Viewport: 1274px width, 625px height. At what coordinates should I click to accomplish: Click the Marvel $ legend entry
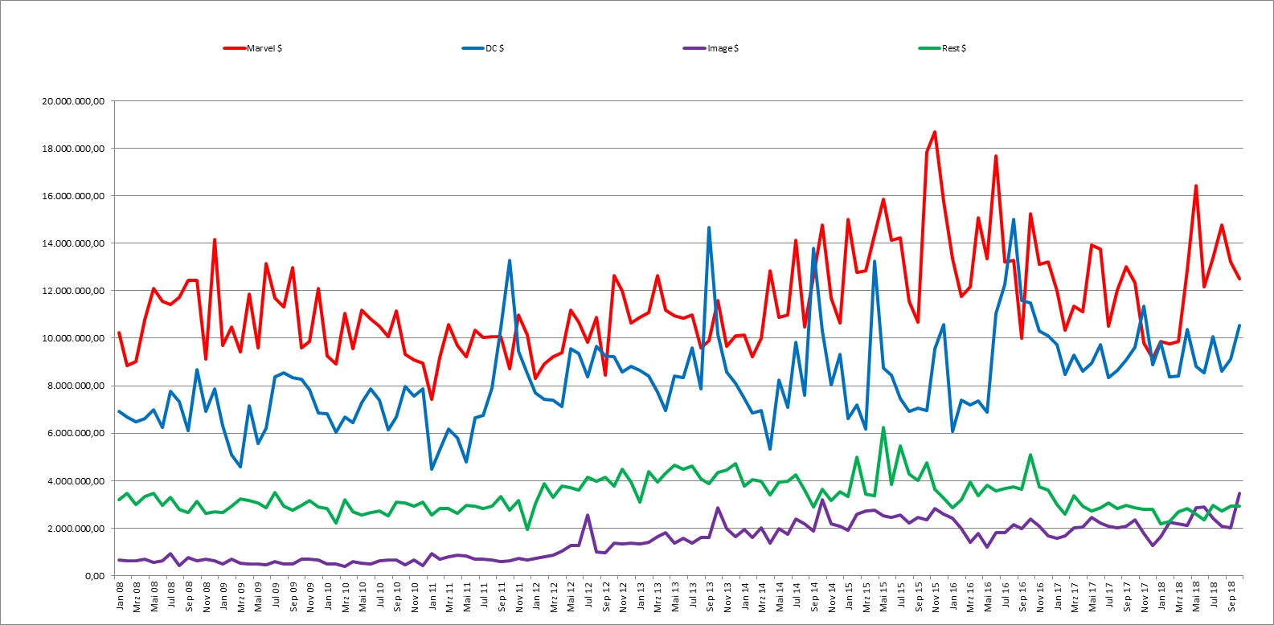252,48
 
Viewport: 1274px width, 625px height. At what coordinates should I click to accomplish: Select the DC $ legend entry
483,48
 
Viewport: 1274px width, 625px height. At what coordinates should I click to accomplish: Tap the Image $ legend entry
711,48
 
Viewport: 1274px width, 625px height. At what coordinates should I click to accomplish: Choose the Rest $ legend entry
942,48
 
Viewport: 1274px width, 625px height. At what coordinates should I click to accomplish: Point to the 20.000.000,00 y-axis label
73,101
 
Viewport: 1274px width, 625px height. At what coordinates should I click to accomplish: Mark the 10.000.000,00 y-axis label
73,338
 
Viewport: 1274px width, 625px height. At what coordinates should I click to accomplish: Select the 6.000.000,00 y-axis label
76,433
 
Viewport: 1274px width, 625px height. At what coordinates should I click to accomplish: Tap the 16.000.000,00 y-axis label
73,196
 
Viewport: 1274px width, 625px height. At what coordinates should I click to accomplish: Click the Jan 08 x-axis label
120,595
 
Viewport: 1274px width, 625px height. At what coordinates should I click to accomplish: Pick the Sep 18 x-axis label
1231,595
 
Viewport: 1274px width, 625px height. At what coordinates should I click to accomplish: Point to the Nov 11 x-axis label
518,596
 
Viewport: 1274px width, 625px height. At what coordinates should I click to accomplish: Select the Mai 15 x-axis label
883,596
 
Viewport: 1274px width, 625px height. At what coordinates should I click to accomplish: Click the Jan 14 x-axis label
744,595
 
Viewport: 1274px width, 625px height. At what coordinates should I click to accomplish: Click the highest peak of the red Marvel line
935,132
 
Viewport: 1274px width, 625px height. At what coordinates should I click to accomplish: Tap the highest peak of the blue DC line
1014,219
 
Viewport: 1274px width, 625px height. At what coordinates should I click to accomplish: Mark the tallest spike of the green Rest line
883,427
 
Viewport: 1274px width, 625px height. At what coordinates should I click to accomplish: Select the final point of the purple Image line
1239,493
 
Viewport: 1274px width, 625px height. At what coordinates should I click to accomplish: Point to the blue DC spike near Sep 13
709,227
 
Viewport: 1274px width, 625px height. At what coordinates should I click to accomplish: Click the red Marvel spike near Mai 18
1196,186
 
